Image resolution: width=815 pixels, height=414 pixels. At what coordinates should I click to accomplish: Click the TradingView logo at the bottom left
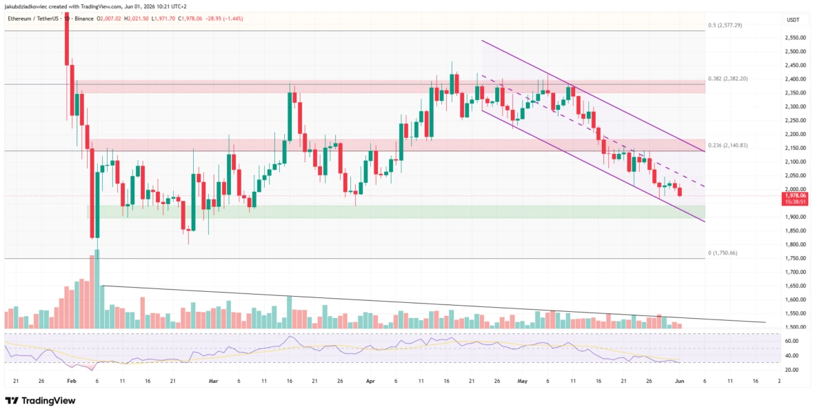(40, 400)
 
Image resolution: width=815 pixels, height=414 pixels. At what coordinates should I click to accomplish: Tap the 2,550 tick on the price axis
(793, 38)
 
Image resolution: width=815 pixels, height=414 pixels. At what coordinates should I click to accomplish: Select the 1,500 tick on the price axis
(793, 327)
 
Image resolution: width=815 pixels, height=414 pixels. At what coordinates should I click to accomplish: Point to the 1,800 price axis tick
(793, 244)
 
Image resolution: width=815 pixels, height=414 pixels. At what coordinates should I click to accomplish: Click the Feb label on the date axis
(71, 381)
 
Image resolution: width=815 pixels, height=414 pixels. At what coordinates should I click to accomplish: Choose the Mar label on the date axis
(213, 381)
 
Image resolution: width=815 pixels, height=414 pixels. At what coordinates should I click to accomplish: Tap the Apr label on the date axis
(370, 381)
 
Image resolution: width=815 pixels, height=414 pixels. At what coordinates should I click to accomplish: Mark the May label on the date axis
(523, 381)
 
